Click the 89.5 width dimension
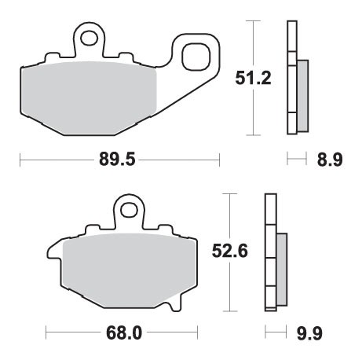pyautogui.click(x=119, y=160)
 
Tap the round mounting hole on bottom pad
pyautogui.click(x=130, y=211)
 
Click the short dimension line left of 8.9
pyautogui.click(x=294, y=160)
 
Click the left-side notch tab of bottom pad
pyautogui.click(x=53, y=253)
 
